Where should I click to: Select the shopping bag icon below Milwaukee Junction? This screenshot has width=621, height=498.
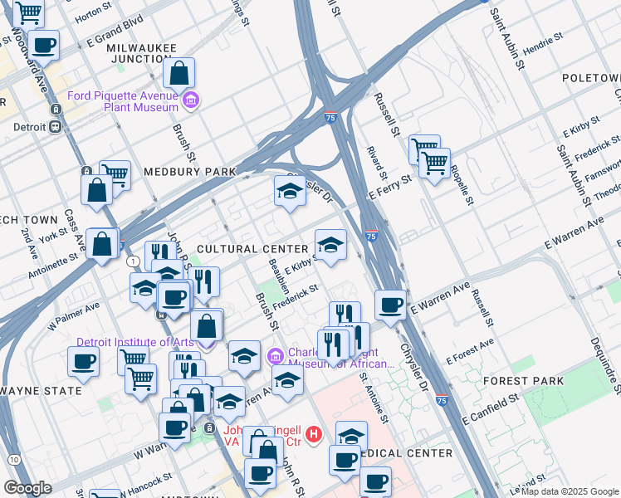[x=179, y=74]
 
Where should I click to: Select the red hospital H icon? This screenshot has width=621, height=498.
[x=313, y=432]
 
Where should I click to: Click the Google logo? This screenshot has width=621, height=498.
[x=27, y=488]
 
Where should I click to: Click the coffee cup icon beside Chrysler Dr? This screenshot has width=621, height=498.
[x=389, y=304]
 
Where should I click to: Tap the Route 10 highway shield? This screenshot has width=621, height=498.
[x=13, y=459]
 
